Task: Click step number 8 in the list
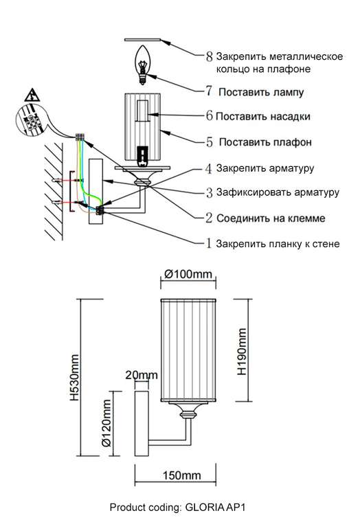[209, 56]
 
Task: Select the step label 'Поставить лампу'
[261, 91]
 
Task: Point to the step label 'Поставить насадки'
[262, 117]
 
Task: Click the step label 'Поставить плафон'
[266, 143]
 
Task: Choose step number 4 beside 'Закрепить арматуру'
[209, 168]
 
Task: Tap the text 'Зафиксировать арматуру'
[278, 192]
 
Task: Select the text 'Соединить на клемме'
[270, 218]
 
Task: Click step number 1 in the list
[209, 243]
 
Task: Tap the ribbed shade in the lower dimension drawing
[187, 350]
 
